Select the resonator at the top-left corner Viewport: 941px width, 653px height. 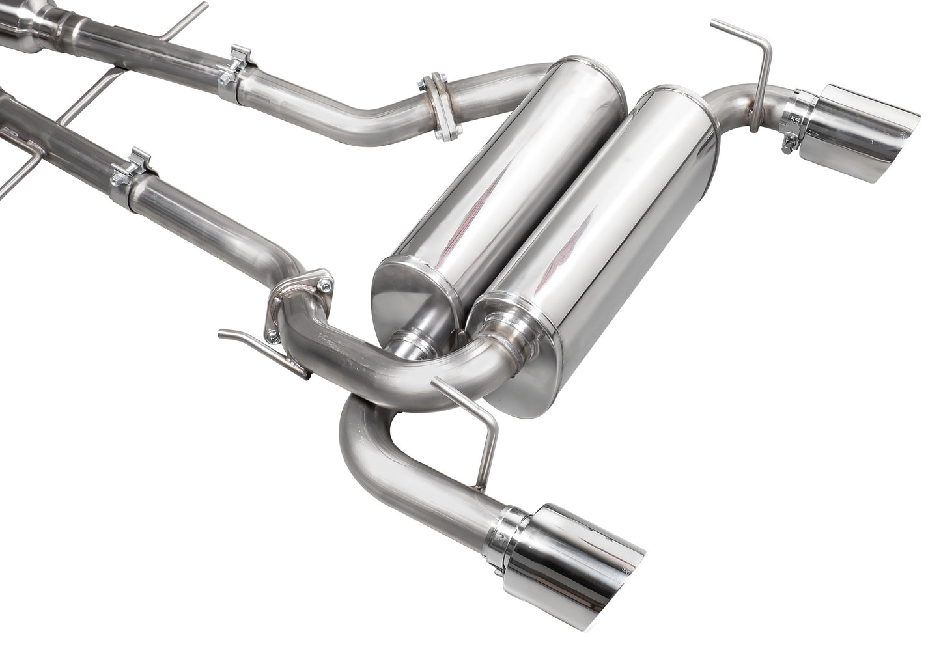pyautogui.click(x=20, y=13)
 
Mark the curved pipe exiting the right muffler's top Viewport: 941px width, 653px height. pyautogui.click(x=729, y=107)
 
